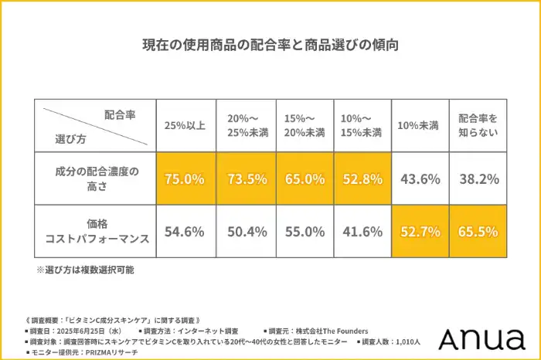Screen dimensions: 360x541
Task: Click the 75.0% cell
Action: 185,178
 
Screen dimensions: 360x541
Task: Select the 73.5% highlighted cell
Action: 245,178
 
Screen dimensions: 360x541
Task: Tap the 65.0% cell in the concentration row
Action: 304,178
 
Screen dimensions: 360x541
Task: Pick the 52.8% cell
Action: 362,178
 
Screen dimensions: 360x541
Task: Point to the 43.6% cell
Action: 420,178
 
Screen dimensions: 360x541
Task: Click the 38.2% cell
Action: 478,178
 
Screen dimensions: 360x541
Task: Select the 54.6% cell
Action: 185,231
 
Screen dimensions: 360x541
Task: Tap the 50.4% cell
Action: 245,231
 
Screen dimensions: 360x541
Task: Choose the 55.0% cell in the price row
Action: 304,231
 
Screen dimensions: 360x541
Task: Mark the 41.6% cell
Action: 362,231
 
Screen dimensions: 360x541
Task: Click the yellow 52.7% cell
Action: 420,231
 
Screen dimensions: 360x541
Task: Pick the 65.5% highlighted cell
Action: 478,231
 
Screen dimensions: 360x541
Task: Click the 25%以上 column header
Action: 185,126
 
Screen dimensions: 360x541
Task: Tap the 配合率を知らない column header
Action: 478,126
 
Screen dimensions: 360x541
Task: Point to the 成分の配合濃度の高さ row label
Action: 96,178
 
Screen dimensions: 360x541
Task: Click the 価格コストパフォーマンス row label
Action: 96,231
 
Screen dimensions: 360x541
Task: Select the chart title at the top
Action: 270,44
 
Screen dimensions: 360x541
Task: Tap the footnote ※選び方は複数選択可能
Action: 85,271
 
